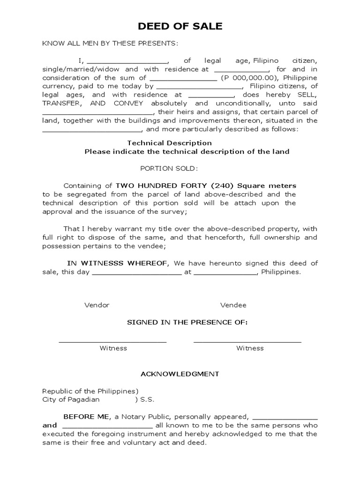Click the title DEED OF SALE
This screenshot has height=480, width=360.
click(x=180, y=27)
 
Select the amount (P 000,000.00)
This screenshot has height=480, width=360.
click(x=250, y=78)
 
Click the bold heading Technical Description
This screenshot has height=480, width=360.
click(x=170, y=143)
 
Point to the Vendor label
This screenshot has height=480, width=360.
click(x=97, y=305)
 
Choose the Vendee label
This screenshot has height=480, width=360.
click(x=233, y=305)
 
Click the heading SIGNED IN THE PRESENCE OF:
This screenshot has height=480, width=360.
click(x=187, y=322)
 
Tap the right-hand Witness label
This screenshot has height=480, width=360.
click(x=250, y=348)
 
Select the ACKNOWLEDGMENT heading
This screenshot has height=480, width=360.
click(x=180, y=374)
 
